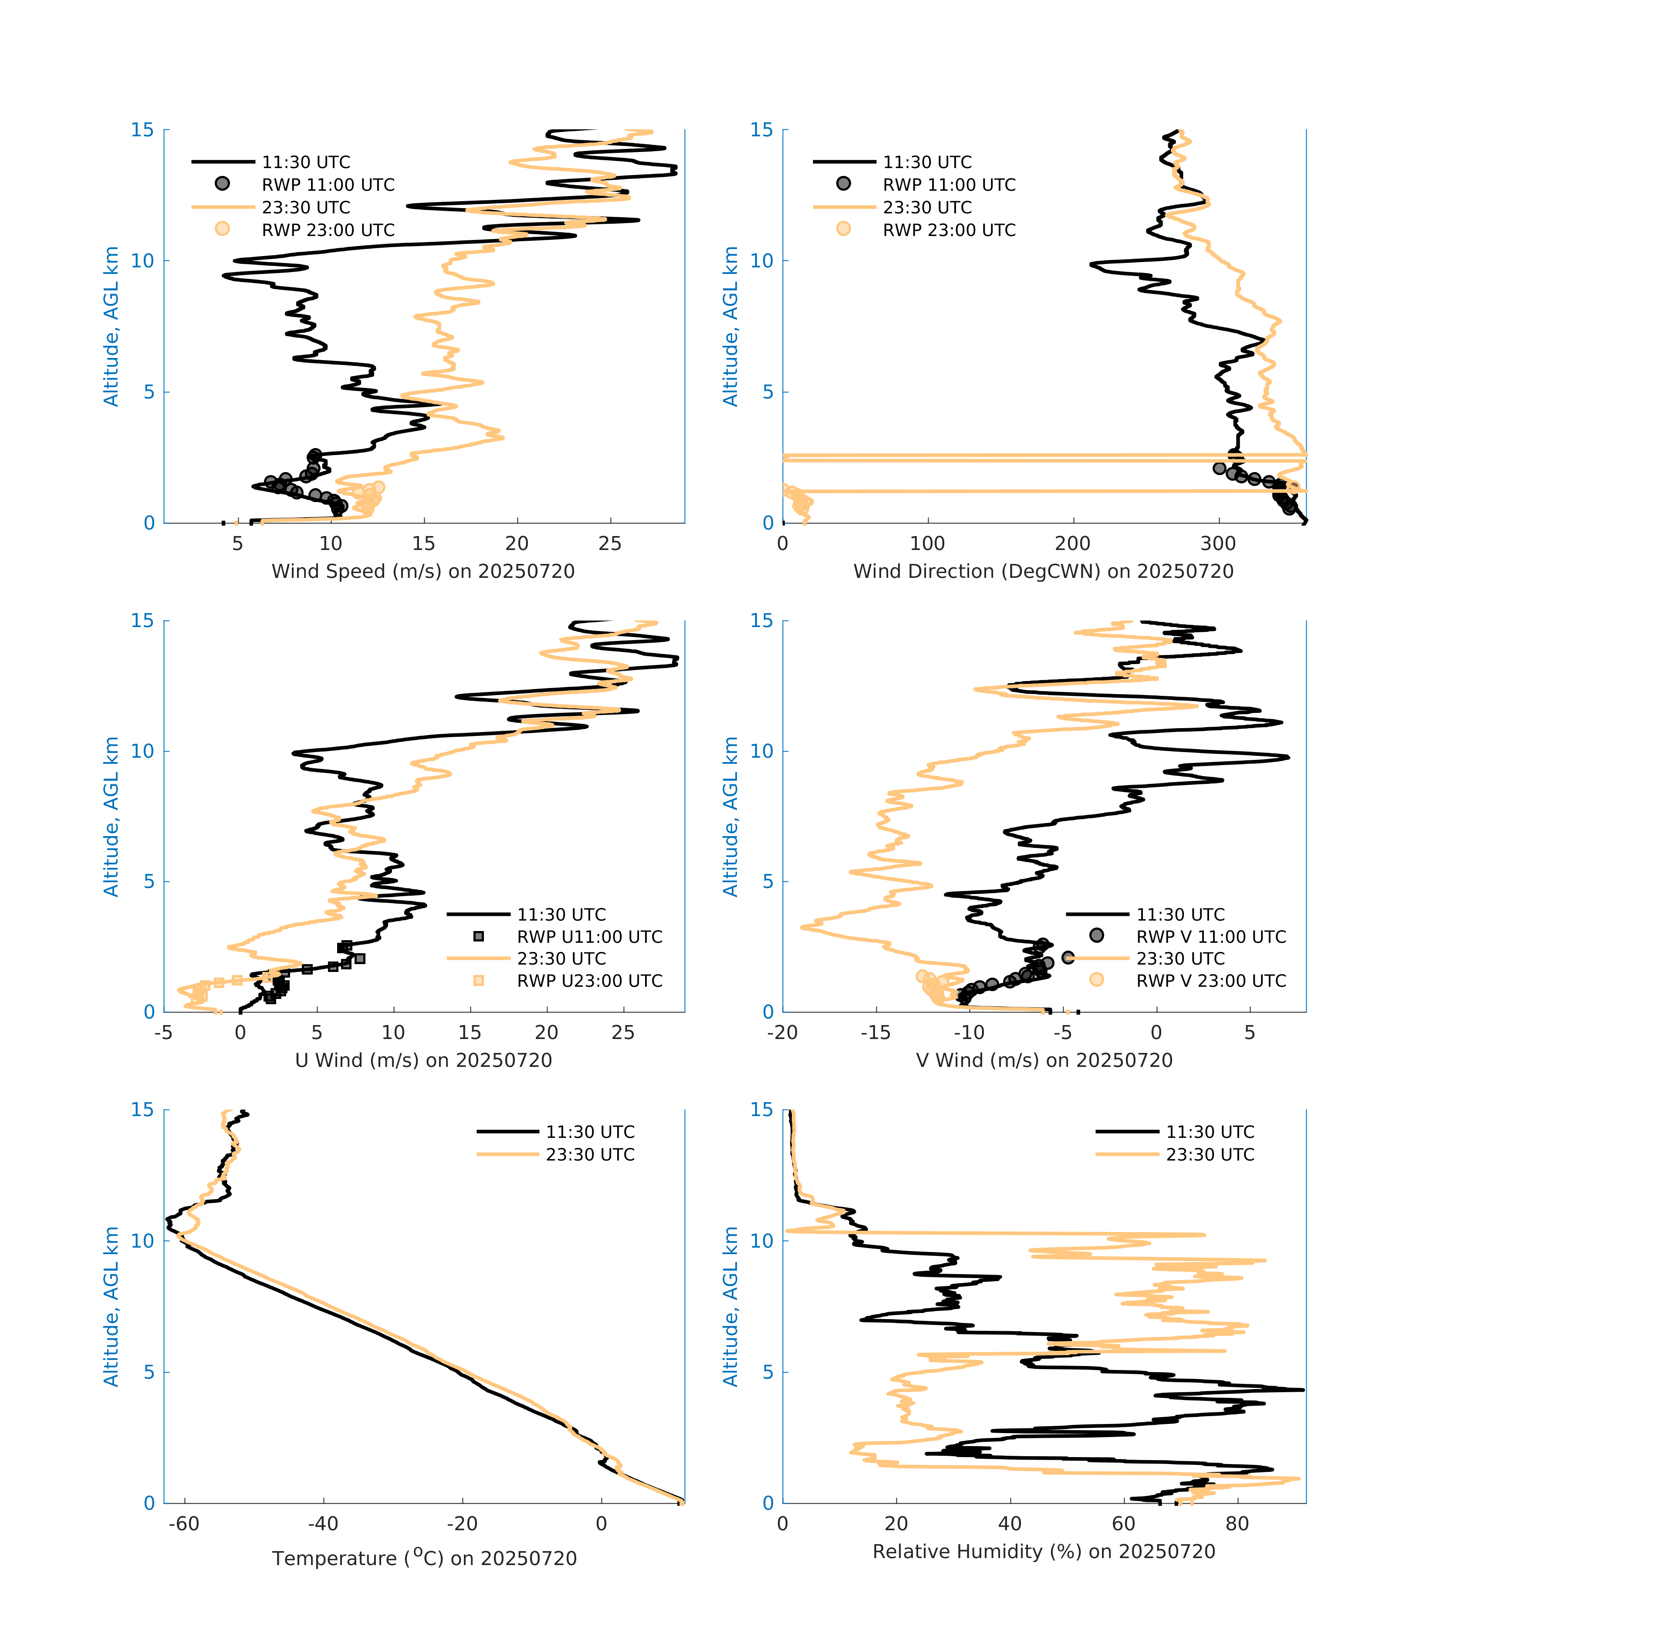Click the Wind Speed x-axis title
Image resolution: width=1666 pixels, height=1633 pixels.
coord(423,571)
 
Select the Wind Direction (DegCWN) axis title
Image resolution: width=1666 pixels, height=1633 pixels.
coord(1043,571)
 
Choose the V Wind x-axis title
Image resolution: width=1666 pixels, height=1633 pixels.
coord(1043,1060)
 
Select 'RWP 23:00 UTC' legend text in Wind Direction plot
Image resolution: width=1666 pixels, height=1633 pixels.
coord(949,230)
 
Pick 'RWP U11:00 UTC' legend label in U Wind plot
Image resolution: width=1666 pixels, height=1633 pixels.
coord(589,937)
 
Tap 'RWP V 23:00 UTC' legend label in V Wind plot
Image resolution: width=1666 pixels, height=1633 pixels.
coord(1210,980)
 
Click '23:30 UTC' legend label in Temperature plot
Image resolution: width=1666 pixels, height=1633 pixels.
coord(590,1154)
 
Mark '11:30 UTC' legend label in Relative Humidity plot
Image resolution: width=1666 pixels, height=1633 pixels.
coord(1210,1132)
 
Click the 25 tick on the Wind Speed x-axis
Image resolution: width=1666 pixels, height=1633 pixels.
coord(610,544)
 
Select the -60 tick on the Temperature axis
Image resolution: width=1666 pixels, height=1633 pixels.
coord(183,1524)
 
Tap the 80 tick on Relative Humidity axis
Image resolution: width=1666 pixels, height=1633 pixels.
coord(1237,1524)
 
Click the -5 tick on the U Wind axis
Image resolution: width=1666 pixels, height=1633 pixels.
coord(163,1032)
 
